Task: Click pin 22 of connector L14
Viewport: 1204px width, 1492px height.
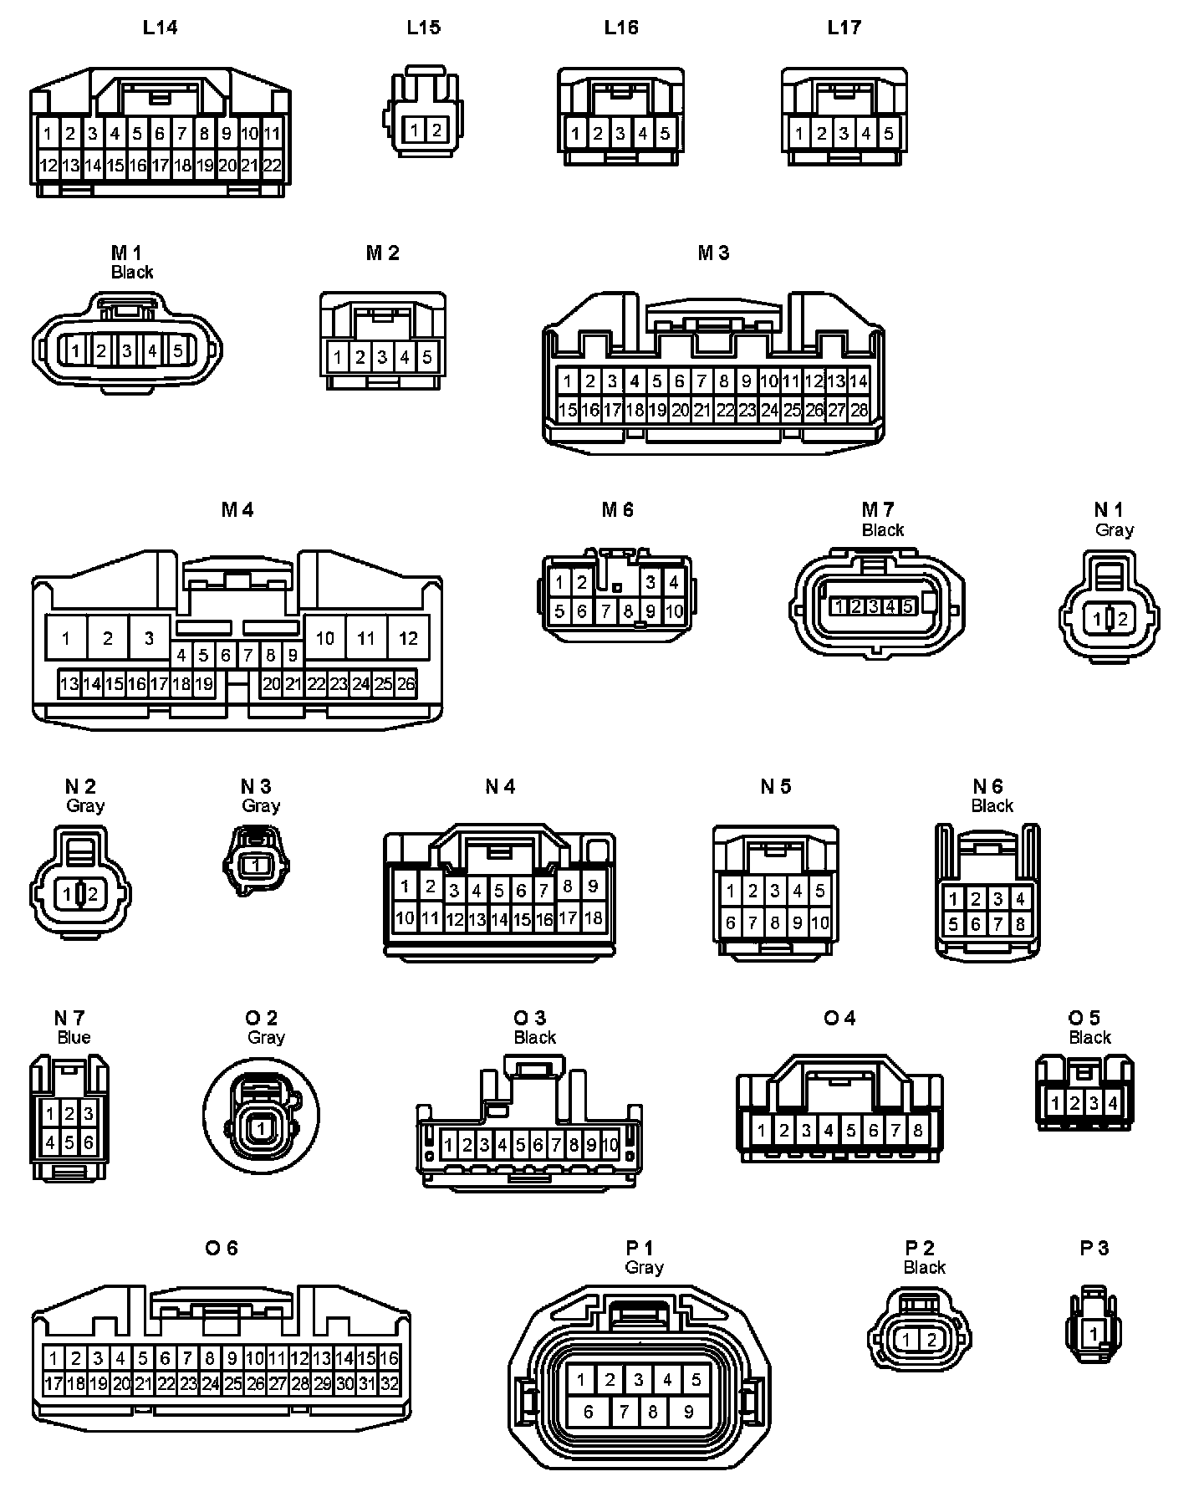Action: click(x=273, y=166)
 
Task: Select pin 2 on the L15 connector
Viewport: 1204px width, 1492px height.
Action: click(x=436, y=130)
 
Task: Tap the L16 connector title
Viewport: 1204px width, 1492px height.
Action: click(x=621, y=28)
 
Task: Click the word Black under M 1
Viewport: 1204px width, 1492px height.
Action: click(x=132, y=273)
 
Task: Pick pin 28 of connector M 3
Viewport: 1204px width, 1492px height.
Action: click(x=859, y=410)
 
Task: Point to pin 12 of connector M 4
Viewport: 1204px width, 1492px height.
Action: click(x=408, y=639)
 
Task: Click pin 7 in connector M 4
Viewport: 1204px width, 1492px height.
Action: click(x=248, y=656)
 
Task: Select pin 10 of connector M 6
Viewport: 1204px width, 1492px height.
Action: click(x=674, y=611)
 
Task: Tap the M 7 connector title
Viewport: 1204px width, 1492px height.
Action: click(x=878, y=509)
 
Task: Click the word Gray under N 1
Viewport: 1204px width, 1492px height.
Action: click(x=1115, y=530)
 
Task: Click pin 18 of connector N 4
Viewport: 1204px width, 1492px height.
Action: click(x=593, y=917)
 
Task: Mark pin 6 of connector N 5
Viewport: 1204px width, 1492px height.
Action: click(x=731, y=923)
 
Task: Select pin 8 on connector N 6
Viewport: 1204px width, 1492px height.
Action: click(x=1020, y=925)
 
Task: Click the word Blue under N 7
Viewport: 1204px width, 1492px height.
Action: click(x=74, y=1038)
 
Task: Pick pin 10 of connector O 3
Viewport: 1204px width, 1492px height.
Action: click(x=610, y=1145)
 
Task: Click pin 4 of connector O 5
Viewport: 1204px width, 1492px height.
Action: click(x=1113, y=1104)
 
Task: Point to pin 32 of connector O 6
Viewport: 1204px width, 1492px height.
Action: click(x=390, y=1384)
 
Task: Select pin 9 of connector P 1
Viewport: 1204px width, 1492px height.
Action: click(x=688, y=1413)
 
